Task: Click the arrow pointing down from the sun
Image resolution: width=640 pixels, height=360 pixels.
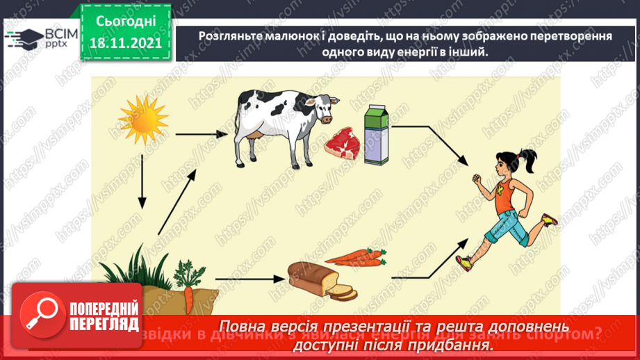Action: click(142, 181)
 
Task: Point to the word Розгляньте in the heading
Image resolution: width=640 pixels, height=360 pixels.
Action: click(227, 35)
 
